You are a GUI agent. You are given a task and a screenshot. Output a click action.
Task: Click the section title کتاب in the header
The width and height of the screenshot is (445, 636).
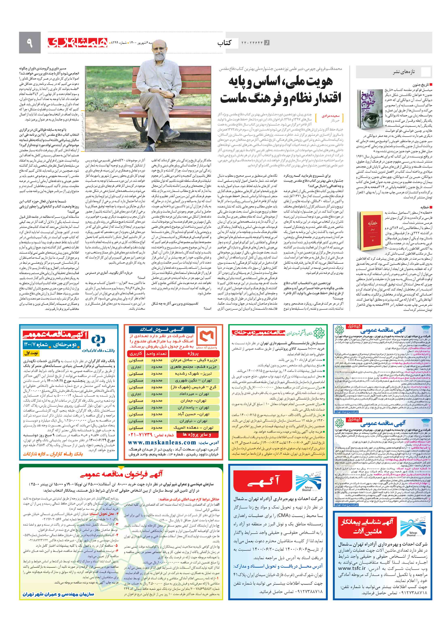(x=224, y=43)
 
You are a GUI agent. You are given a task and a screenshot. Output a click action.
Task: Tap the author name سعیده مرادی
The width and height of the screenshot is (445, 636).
(x=330, y=116)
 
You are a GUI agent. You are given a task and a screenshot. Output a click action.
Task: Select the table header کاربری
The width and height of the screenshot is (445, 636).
(x=136, y=354)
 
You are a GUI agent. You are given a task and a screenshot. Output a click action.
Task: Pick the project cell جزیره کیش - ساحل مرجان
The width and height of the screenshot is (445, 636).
(x=194, y=360)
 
